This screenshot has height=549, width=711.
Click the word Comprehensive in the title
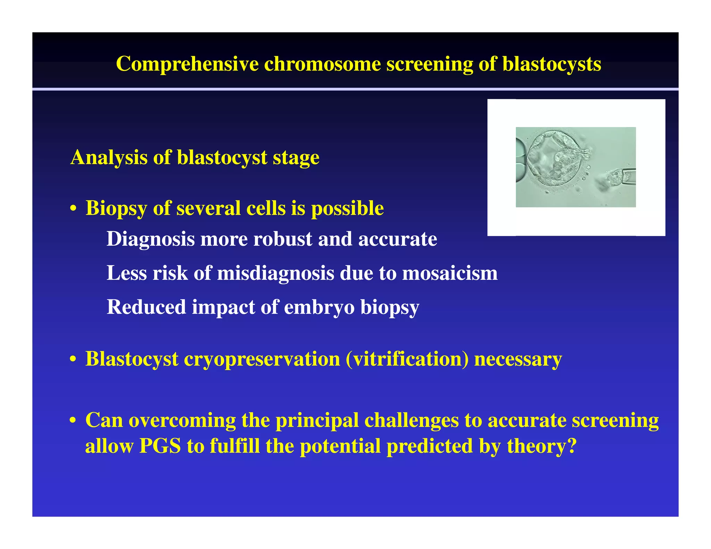pyautogui.click(x=187, y=64)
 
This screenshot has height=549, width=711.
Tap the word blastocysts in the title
pyautogui.click(x=552, y=64)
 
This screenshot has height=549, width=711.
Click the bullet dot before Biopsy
pyautogui.click(x=73, y=209)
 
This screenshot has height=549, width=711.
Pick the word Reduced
pyautogui.click(x=146, y=307)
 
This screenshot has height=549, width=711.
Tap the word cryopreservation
pyautogui.click(x=262, y=360)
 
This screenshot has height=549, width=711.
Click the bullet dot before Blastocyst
pyautogui.click(x=73, y=360)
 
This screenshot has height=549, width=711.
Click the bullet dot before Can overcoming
pyautogui.click(x=73, y=421)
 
